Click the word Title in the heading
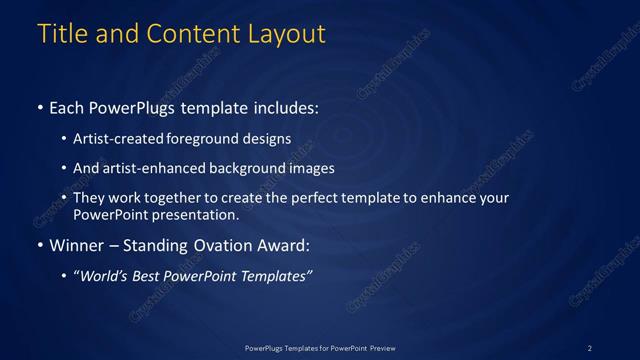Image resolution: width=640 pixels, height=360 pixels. [x=62, y=33]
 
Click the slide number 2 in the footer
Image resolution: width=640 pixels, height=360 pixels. [x=590, y=347]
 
